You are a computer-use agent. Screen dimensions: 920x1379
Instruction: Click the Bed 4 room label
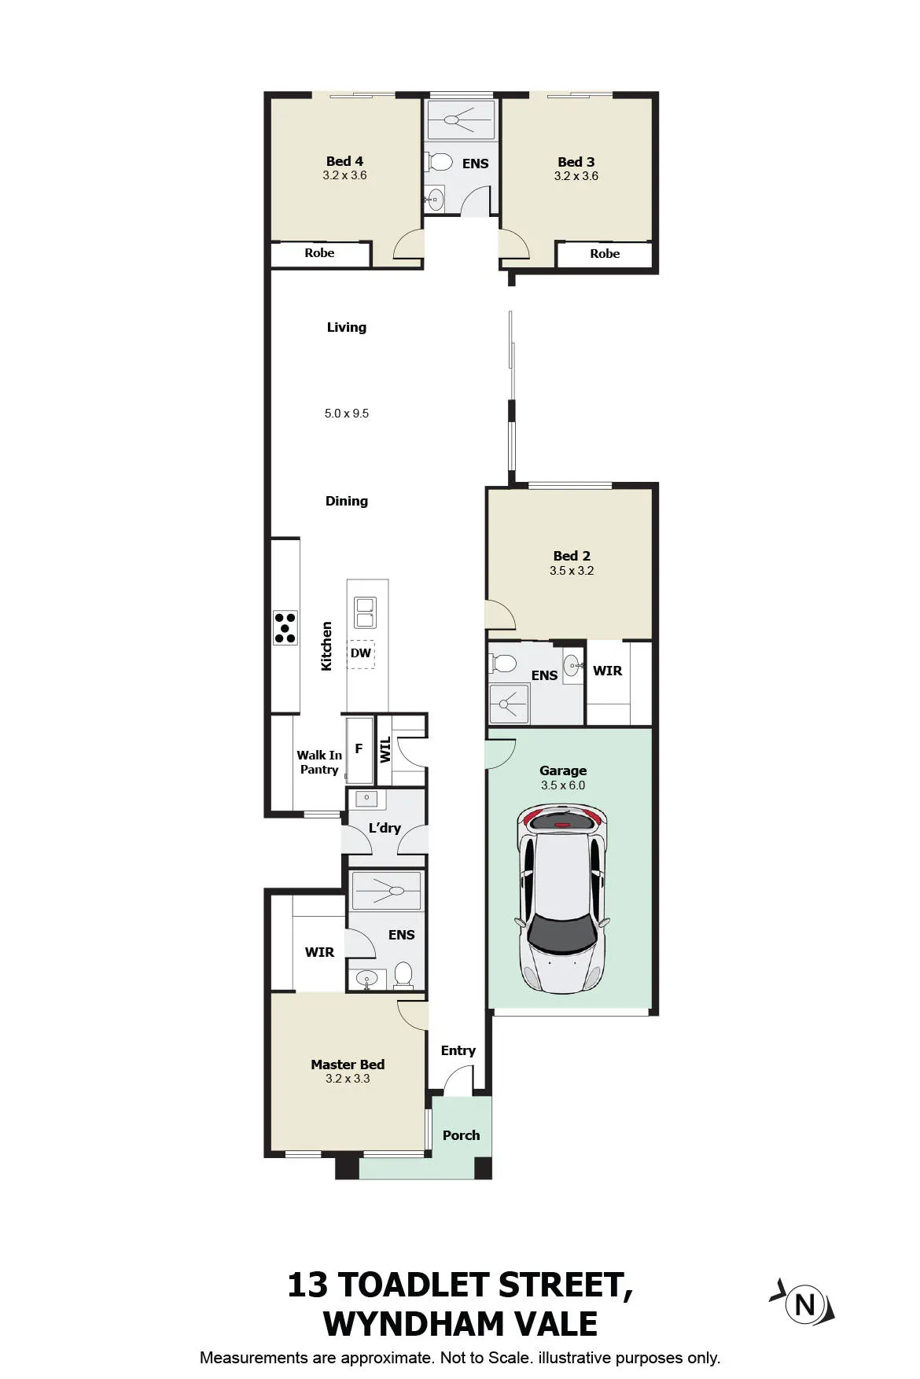point(344,161)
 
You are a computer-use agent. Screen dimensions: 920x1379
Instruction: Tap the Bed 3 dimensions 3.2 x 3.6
point(576,176)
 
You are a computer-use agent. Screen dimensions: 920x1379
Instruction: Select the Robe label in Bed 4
point(319,253)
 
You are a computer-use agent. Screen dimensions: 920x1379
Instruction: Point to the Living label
point(347,327)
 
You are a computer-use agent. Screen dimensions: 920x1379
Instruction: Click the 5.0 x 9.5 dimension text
point(347,414)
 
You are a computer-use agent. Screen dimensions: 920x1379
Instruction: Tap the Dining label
point(347,501)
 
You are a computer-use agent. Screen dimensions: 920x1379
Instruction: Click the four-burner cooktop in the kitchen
point(285,627)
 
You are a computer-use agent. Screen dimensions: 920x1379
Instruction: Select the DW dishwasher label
point(361,653)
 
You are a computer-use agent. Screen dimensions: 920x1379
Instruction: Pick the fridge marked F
point(359,750)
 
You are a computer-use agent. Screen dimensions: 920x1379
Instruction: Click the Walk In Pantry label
point(319,763)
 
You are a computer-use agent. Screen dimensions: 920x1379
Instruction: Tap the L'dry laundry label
point(385,828)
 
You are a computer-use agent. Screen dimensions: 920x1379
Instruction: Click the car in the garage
point(563,899)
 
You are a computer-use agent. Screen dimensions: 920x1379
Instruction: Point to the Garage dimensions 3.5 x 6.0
point(563,785)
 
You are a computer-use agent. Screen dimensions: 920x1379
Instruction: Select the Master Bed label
point(348,1065)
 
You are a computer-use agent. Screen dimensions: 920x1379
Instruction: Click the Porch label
point(461,1135)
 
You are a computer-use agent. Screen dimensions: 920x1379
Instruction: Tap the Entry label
point(458,1051)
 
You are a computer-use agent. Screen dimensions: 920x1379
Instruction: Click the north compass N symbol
point(804,1304)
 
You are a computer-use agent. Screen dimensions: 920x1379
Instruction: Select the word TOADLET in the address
point(413,1285)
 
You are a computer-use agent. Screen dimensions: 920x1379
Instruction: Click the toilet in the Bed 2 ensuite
point(502,664)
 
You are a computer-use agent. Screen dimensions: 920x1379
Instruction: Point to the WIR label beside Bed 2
point(608,671)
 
